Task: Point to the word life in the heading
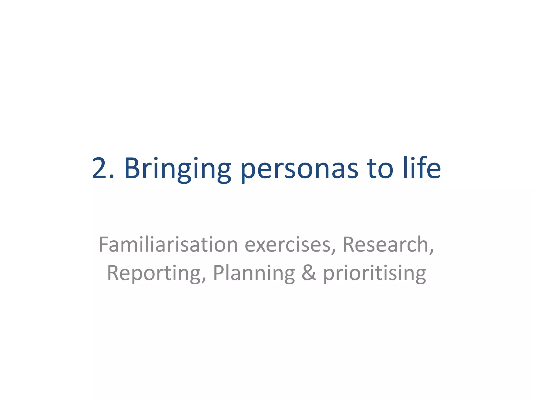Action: coord(422,168)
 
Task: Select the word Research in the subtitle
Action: coord(386,245)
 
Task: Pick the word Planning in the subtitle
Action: coord(254,273)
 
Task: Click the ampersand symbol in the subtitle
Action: coord(309,273)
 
